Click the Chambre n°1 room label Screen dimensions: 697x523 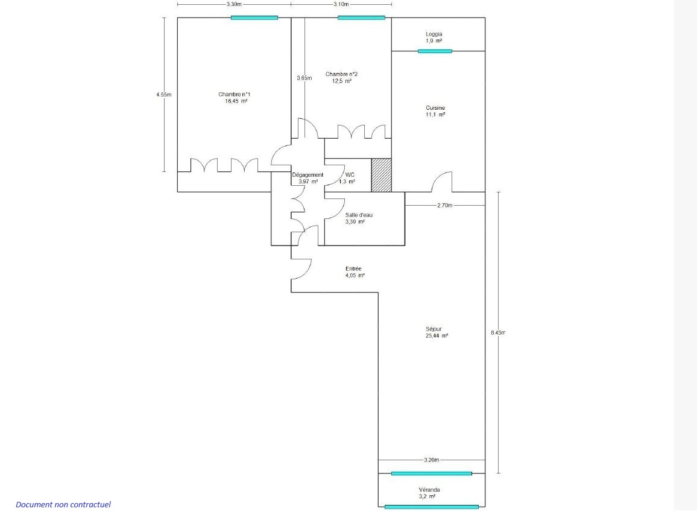click(x=235, y=94)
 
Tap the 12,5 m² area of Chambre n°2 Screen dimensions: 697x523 click(x=342, y=81)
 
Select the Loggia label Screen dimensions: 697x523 click(x=434, y=34)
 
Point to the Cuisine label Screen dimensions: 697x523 click(x=435, y=107)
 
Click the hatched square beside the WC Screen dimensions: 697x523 click(x=382, y=175)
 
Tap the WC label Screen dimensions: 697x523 click(x=350, y=175)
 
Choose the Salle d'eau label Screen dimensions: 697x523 click(x=359, y=215)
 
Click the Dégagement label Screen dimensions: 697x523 click(x=307, y=175)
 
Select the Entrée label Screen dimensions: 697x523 click(x=353, y=268)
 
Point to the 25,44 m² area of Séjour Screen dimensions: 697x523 click(x=437, y=336)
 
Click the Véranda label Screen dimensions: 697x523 click(x=429, y=490)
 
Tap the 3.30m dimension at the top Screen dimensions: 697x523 click(x=234, y=4)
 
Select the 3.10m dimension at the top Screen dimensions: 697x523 click(x=341, y=4)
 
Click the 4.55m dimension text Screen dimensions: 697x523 click(x=163, y=94)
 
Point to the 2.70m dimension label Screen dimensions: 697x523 click(x=445, y=206)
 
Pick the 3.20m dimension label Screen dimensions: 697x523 click(x=431, y=460)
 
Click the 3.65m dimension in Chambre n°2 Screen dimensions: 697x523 click(x=304, y=78)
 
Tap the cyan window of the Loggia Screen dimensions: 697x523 click(x=435, y=51)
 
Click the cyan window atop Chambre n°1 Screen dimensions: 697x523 click(x=254, y=17)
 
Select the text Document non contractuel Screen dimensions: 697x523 click(x=63, y=504)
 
